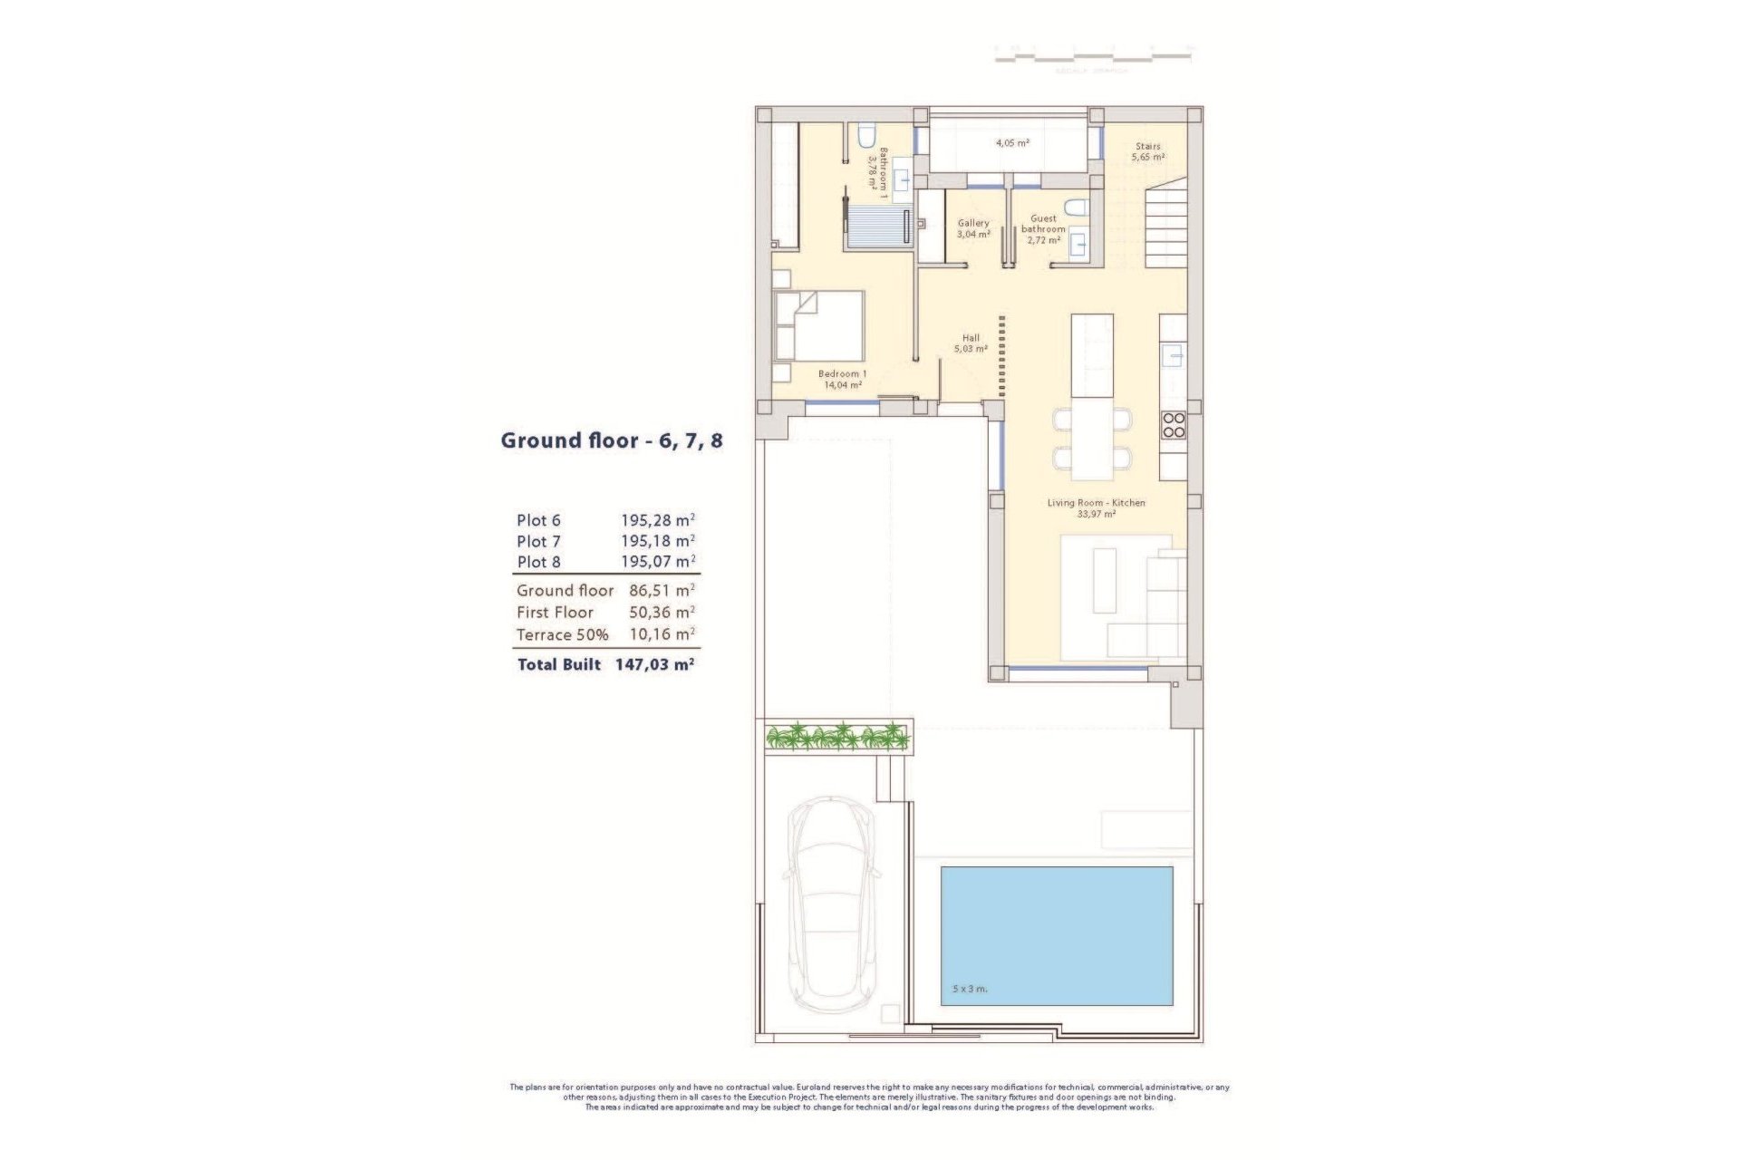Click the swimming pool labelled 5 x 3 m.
1057,935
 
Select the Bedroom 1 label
842,379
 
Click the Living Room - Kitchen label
1096,507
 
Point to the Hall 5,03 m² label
971,343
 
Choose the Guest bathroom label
1043,229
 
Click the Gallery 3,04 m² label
973,228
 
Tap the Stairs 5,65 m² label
1147,151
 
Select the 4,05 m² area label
1012,143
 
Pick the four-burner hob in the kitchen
1173,425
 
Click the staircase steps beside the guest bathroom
1167,227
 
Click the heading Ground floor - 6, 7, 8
612,441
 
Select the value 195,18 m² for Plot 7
657,541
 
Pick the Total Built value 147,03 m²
654,664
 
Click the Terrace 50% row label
562,634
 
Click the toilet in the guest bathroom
1076,208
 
